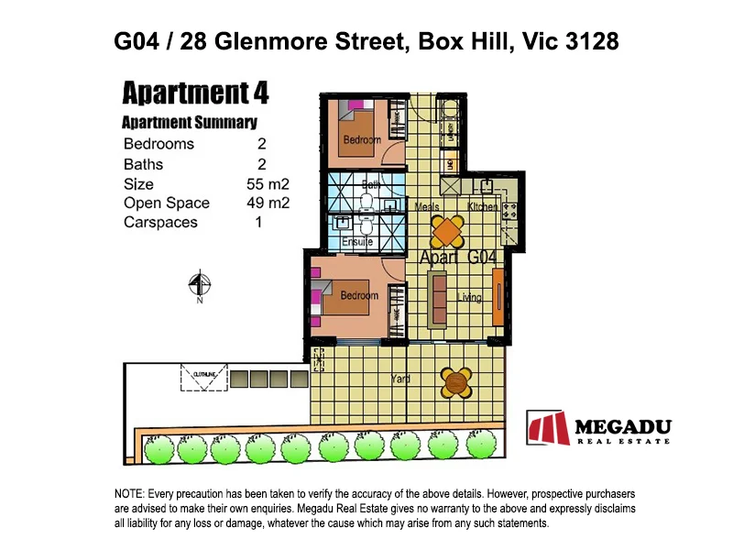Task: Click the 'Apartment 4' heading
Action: pos(195,93)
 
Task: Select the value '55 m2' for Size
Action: pos(267,184)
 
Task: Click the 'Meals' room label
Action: pos(427,207)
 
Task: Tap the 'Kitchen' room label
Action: pos(482,207)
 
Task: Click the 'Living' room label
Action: pos(469,298)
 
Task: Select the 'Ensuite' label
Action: pos(356,243)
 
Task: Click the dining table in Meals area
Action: pos(446,230)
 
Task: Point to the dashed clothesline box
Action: pos(202,378)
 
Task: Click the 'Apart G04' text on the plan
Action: pos(457,258)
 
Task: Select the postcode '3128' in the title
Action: pos(585,41)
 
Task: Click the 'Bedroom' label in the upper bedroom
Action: pos(361,140)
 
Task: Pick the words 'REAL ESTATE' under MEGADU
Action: pos(623,442)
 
